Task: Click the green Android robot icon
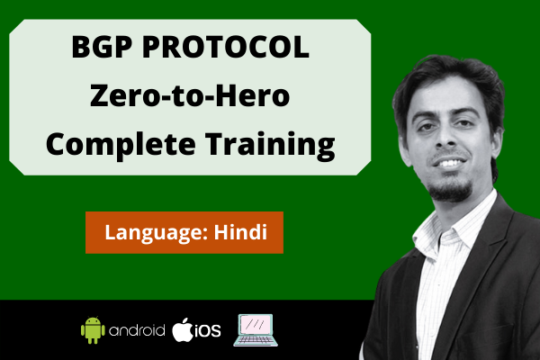click(x=92, y=329)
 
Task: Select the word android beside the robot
click(x=136, y=330)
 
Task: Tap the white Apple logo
click(x=184, y=328)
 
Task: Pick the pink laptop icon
click(x=256, y=329)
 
